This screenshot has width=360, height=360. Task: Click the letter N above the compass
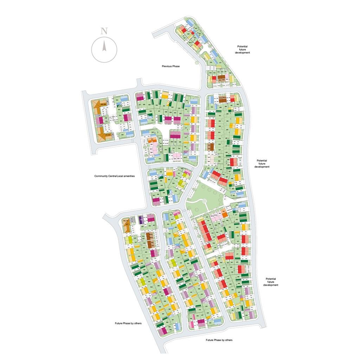104,31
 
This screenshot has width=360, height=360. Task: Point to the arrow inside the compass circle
104,46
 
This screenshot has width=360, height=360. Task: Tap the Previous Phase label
171,66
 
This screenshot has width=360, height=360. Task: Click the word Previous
167,66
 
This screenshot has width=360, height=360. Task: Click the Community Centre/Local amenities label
114,176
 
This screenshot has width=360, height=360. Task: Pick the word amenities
129,176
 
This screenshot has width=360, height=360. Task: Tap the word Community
101,176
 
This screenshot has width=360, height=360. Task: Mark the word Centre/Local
116,176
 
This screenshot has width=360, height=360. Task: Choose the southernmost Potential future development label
271,282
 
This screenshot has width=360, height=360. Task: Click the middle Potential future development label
262,163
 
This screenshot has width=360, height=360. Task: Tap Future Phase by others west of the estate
128,323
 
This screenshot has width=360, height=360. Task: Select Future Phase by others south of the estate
219,340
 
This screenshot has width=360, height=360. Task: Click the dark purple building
141,220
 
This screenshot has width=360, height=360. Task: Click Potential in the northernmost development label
242,46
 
